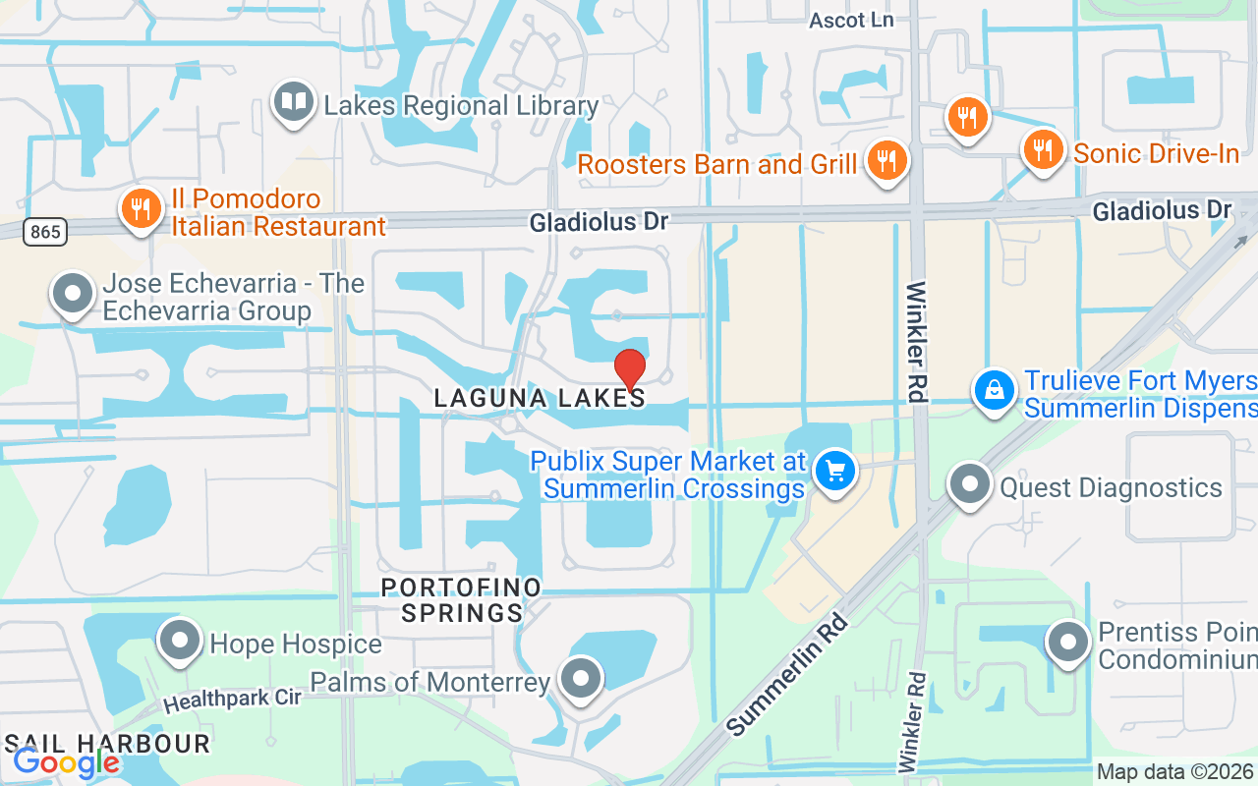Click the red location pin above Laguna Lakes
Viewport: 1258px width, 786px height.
tap(629, 369)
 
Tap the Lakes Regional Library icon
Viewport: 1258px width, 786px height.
tap(293, 102)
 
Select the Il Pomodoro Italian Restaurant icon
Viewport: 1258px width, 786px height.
tap(142, 208)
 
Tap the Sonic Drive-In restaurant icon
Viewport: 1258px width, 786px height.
tap(1043, 149)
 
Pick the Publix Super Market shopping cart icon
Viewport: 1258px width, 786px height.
tap(835, 472)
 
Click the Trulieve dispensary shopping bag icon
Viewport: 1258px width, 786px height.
tap(995, 390)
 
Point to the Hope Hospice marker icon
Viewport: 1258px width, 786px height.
tap(180, 641)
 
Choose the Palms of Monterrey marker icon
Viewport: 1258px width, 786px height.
tap(580, 678)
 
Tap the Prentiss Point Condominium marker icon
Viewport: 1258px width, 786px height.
tap(1068, 643)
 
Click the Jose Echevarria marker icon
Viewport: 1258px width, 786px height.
tap(72, 294)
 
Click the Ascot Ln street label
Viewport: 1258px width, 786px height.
tap(851, 20)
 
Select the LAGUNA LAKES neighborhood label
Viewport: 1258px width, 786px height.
tap(540, 398)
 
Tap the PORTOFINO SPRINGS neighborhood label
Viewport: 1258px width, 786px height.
tap(461, 600)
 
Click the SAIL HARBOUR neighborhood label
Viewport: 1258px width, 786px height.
tap(107, 744)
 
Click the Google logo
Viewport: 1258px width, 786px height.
tap(66, 761)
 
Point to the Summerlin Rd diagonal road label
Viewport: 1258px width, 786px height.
tap(788, 674)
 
